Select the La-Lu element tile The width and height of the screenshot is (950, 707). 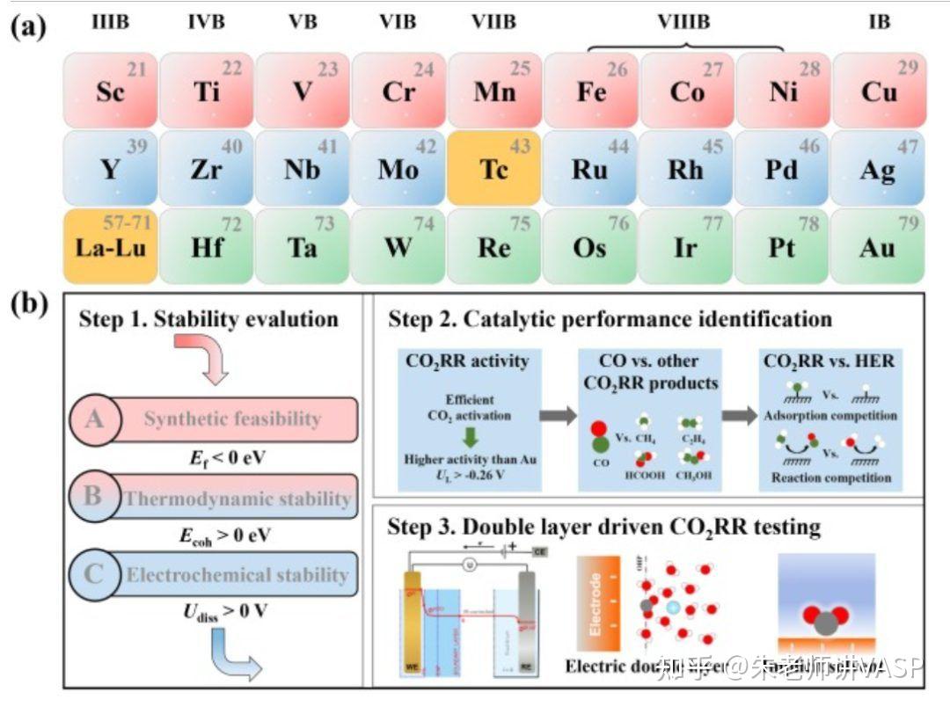coord(110,245)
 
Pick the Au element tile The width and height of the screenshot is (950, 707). coord(878,245)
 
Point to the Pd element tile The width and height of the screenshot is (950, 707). coord(781,168)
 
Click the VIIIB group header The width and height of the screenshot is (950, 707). coord(683,21)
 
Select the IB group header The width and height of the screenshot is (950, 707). coord(879,21)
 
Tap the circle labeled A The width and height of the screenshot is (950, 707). coord(94,419)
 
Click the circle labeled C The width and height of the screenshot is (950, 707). coord(94,575)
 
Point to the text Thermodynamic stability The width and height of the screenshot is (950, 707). coord(237,499)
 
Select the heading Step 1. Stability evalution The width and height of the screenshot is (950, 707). coord(208,318)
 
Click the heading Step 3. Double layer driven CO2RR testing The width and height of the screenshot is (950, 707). coord(604,527)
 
